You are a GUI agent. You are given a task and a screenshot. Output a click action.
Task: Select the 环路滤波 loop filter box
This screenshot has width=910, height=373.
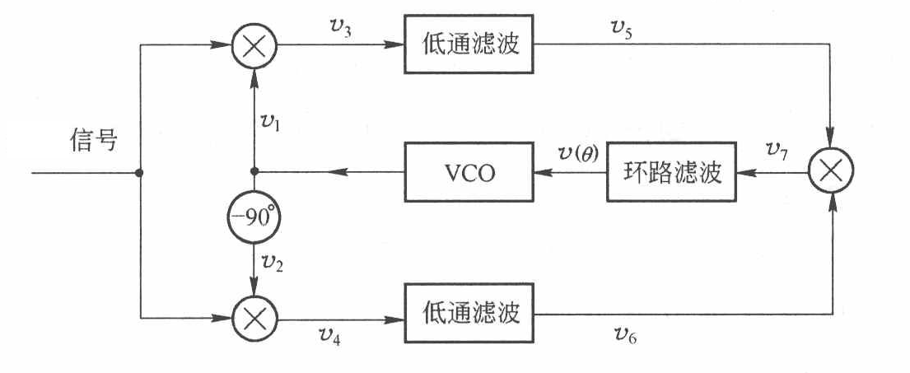[670, 173]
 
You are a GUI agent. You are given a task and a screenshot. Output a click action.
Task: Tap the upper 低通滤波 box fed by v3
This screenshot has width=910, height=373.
[467, 44]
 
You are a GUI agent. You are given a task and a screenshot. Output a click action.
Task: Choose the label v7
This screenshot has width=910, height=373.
[775, 150]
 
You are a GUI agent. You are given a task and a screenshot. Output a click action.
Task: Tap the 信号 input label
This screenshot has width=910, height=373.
[92, 140]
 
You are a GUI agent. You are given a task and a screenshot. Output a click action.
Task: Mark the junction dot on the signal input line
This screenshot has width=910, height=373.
[141, 174]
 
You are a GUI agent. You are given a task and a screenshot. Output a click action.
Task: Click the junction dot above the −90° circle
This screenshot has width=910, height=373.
[254, 173]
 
